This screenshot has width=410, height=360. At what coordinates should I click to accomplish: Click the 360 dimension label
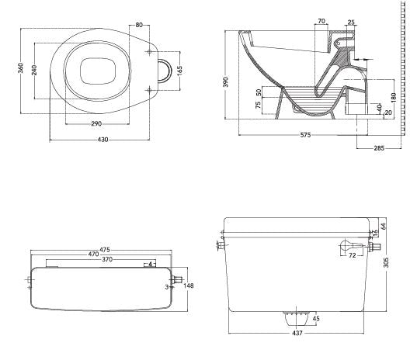click(x=20, y=68)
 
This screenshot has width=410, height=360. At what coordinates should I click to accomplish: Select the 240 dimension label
click(x=34, y=70)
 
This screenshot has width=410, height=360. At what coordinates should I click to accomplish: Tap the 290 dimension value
click(x=96, y=123)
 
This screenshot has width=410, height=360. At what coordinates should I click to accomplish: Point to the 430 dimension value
click(x=102, y=140)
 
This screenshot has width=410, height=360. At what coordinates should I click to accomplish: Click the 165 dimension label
click(x=179, y=71)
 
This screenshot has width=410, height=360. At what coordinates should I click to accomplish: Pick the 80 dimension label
click(x=139, y=25)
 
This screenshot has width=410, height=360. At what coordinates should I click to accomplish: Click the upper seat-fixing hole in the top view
click(x=149, y=52)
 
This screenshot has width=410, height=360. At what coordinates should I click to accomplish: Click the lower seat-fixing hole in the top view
click(x=149, y=90)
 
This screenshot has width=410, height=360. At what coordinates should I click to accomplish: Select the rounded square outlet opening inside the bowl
click(x=98, y=71)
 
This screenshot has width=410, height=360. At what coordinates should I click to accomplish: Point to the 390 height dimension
click(x=227, y=81)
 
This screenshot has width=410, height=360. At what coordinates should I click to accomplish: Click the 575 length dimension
click(x=305, y=135)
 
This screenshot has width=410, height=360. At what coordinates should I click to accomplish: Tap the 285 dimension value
click(x=379, y=148)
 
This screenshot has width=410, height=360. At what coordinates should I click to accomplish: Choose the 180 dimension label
click(x=394, y=97)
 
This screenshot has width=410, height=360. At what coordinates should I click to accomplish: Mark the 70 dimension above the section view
click(x=321, y=21)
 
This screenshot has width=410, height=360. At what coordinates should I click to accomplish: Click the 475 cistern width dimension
click(x=105, y=250)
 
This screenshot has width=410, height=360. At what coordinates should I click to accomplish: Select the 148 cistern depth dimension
click(x=189, y=286)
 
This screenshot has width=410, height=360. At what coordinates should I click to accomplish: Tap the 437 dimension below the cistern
click(x=297, y=333)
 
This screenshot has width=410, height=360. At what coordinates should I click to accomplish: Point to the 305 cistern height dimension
click(x=386, y=262)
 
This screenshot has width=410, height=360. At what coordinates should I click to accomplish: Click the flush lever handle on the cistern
click(x=352, y=246)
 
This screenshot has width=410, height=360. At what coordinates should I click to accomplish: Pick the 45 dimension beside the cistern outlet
click(x=316, y=318)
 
